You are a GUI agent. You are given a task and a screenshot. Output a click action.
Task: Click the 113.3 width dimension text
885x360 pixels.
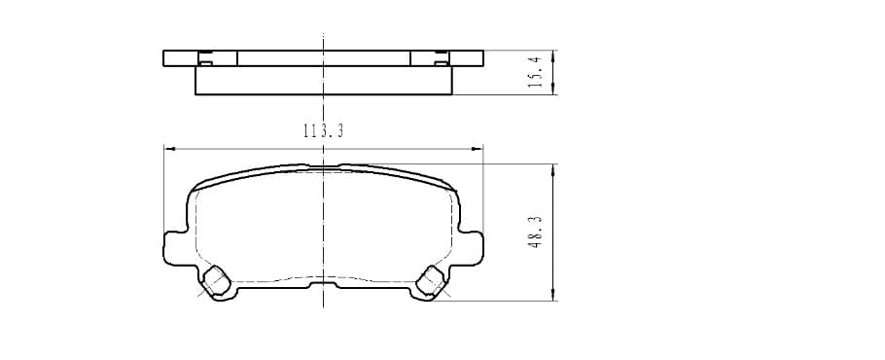pyautogui.click(x=324, y=131)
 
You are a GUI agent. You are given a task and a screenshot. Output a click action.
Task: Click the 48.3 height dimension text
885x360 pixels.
pyautogui.click(x=536, y=232)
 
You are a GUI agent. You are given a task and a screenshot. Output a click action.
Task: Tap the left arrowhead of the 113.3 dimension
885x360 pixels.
pyautogui.click(x=169, y=149)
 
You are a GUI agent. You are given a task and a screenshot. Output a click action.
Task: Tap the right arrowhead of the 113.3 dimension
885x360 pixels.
pyautogui.click(x=478, y=149)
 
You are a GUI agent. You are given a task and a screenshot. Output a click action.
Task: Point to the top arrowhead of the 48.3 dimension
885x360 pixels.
pyautogui.click(x=552, y=169)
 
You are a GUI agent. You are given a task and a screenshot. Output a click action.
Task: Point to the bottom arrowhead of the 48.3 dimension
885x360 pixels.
pyautogui.click(x=552, y=295)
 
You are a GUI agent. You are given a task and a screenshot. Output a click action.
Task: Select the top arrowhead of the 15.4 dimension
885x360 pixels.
pyautogui.click(x=552, y=55)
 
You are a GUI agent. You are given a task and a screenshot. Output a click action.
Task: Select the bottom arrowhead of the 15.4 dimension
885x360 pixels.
pyautogui.click(x=552, y=90)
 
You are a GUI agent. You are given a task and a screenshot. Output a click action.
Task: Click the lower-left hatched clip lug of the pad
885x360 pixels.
pyautogui.click(x=216, y=280)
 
